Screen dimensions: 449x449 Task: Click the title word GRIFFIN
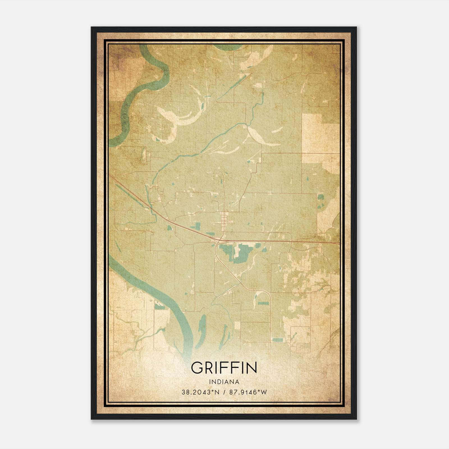click(x=224, y=368)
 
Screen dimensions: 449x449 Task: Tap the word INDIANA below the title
click(x=224, y=382)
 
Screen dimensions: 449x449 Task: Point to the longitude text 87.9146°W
click(x=248, y=392)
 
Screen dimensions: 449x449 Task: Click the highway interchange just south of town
click(x=219, y=241)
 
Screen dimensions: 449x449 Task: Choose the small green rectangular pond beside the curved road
click(x=263, y=303)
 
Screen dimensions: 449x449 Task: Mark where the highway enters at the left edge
click(x=110, y=176)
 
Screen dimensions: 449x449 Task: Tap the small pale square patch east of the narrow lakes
click(x=237, y=326)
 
